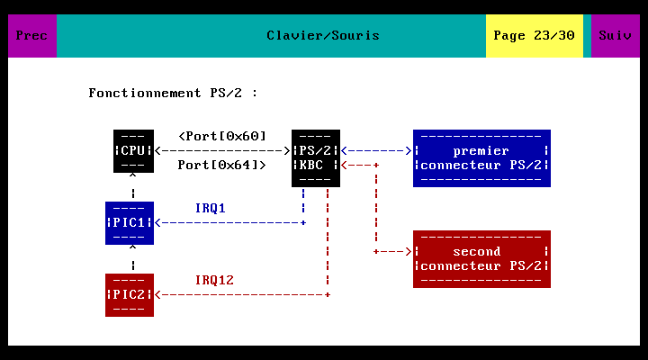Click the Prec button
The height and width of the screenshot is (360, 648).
(x=32, y=36)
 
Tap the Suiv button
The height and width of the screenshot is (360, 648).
(x=616, y=36)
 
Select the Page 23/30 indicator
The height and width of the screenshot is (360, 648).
(x=535, y=36)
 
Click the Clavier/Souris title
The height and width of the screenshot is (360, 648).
(x=323, y=35)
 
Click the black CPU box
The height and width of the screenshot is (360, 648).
(x=133, y=151)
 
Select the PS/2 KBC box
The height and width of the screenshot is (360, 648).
(x=316, y=158)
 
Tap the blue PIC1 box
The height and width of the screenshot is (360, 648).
(x=130, y=223)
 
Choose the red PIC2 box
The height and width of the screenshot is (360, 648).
(x=130, y=295)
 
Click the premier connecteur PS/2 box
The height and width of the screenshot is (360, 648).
(x=481, y=158)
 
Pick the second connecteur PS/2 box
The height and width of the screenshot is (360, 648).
(x=481, y=259)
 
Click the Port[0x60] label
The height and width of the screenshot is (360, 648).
(x=222, y=137)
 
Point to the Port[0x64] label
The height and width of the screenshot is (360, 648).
(x=222, y=166)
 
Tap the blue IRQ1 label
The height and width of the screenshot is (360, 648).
(x=211, y=208)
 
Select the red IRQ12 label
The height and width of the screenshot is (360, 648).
(x=214, y=280)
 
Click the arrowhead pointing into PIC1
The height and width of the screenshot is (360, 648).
(x=157, y=223)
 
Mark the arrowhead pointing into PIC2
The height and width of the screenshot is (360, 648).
(x=157, y=295)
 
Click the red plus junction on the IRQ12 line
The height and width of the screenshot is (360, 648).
(x=328, y=295)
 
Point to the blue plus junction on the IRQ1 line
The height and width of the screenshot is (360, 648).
(x=303, y=223)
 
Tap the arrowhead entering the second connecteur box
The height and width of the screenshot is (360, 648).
(x=409, y=252)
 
